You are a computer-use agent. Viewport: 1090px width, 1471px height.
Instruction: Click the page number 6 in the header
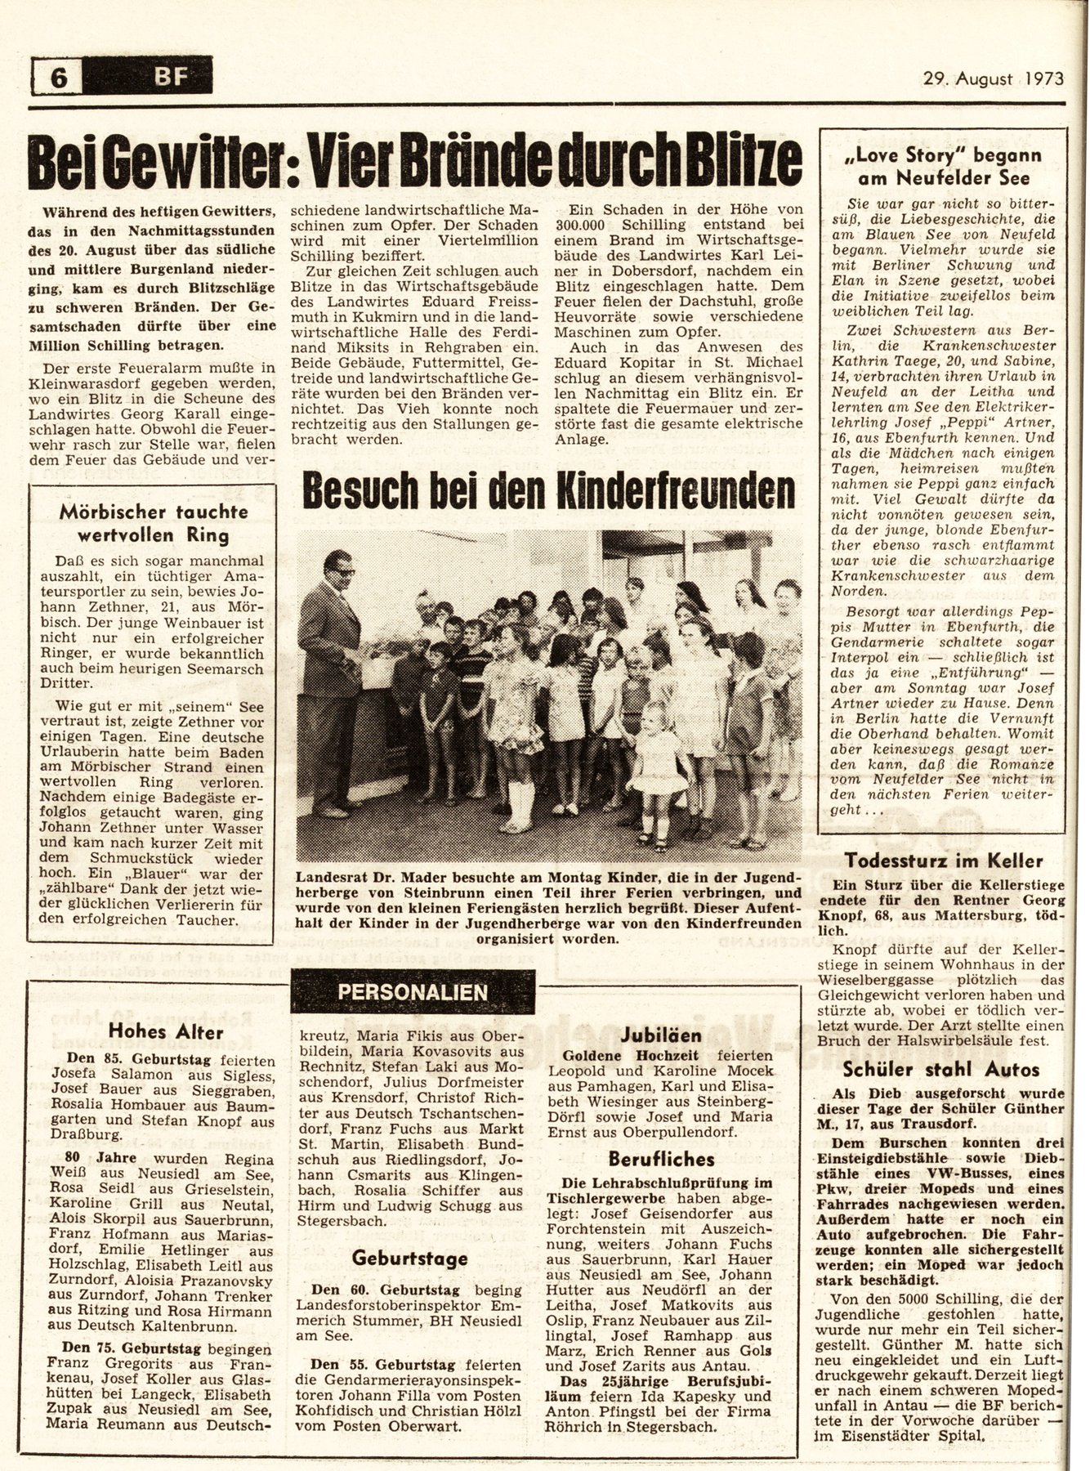tap(59, 78)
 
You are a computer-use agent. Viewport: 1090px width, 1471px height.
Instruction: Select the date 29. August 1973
tap(994, 78)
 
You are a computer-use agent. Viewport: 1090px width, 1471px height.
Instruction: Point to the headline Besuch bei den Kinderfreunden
tap(548, 491)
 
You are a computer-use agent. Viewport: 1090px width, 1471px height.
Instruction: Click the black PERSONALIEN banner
tap(413, 992)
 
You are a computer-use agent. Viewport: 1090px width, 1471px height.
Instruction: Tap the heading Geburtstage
tap(411, 1257)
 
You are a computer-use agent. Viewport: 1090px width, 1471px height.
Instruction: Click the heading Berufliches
tap(661, 1159)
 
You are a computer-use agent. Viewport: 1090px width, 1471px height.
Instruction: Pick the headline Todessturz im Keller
tap(944, 860)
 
